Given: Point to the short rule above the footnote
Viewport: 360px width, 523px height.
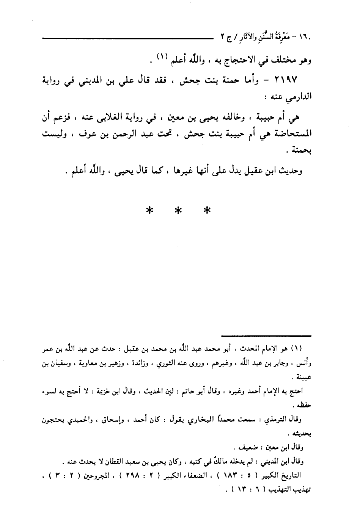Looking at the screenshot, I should [267, 336].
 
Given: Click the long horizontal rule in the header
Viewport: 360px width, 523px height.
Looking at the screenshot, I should [125, 37].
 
